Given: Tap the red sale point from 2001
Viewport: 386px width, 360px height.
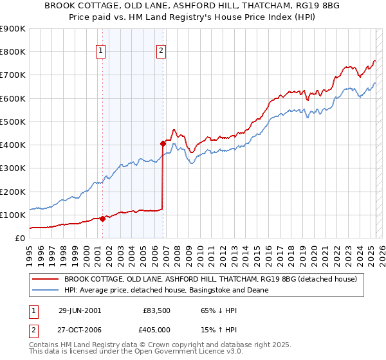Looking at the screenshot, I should pyautogui.click(x=103, y=219).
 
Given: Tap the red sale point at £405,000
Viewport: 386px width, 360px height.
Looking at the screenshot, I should pyautogui.click(x=163, y=143).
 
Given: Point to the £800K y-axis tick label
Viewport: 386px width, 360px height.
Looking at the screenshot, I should pyautogui.click(x=13, y=52).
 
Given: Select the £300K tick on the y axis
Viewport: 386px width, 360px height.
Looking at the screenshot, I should pyautogui.click(x=13, y=168).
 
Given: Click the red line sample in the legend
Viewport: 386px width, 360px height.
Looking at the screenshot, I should pyautogui.click(x=46, y=279).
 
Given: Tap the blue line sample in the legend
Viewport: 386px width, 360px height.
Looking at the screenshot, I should pyautogui.click(x=46, y=290).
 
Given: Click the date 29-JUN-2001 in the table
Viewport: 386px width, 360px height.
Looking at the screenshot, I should pyautogui.click(x=80, y=310).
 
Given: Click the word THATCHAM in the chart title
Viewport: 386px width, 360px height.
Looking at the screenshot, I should pyautogui.click(x=223, y=4).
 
